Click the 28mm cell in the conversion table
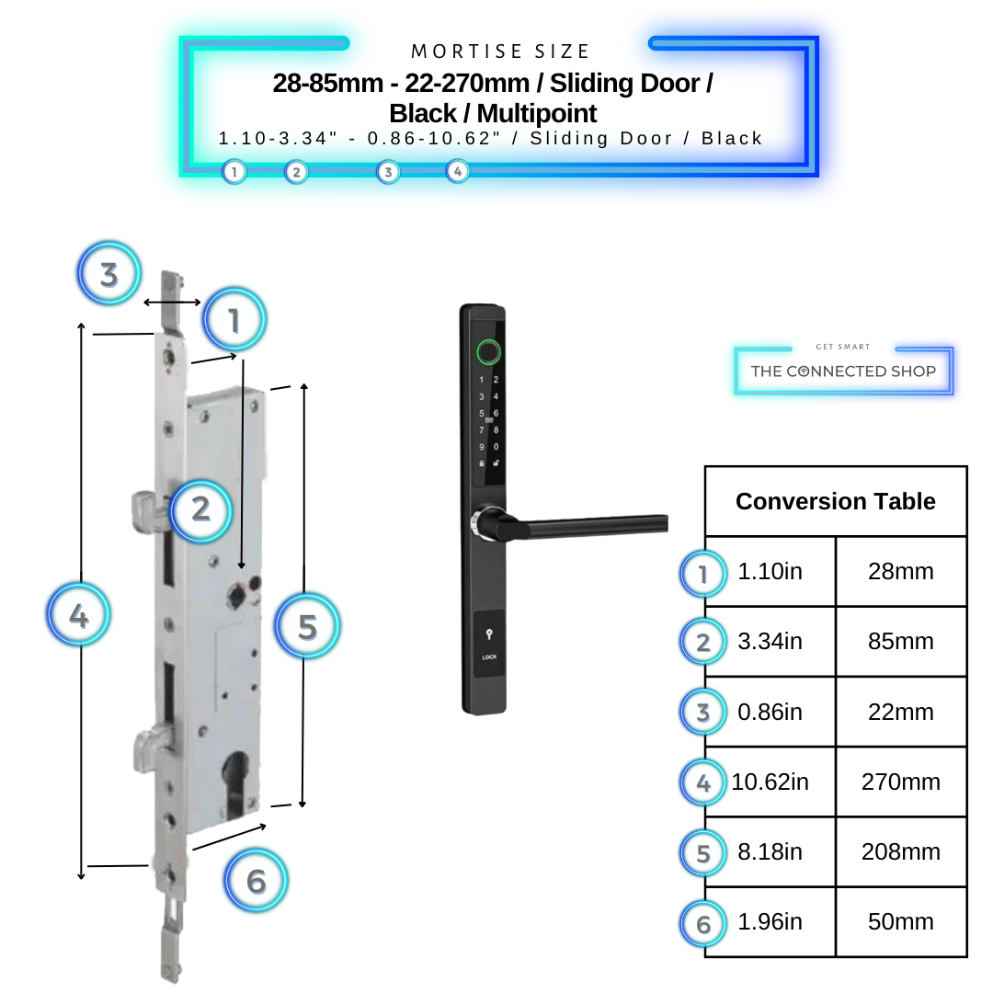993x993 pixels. [900, 572]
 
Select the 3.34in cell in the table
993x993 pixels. [770, 642]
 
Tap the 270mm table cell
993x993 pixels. [900, 782]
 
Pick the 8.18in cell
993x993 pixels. [770, 852]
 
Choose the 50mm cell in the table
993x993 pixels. [900, 922]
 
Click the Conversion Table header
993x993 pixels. [835, 502]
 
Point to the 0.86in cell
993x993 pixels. [770, 713]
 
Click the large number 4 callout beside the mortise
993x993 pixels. [79, 615]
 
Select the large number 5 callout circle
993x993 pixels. [307, 627]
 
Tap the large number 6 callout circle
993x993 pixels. [257, 881]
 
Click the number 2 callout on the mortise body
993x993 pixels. [200, 508]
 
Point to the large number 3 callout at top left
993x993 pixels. [109, 274]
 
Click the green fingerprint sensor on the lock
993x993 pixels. [488, 351]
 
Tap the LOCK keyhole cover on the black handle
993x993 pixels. [488, 643]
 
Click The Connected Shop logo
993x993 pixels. [843, 371]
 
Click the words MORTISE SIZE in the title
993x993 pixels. [500, 51]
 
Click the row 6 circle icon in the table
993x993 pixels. [703, 923]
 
